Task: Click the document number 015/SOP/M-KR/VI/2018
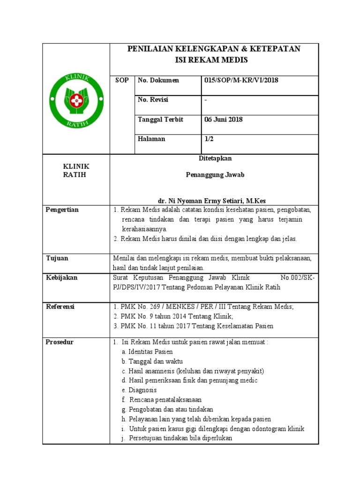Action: [241, 80]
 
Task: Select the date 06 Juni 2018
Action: [224, 120]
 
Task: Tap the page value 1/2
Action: [209, 139]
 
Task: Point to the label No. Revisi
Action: [153, 100]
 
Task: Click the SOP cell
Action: [122, 80]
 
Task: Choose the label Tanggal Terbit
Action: [160, 120]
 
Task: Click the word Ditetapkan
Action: [216, 158]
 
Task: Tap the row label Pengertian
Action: [62, 210]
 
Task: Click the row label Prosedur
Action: [60, 342]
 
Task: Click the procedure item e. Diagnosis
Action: [139, 390]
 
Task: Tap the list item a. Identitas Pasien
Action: [147, 352]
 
